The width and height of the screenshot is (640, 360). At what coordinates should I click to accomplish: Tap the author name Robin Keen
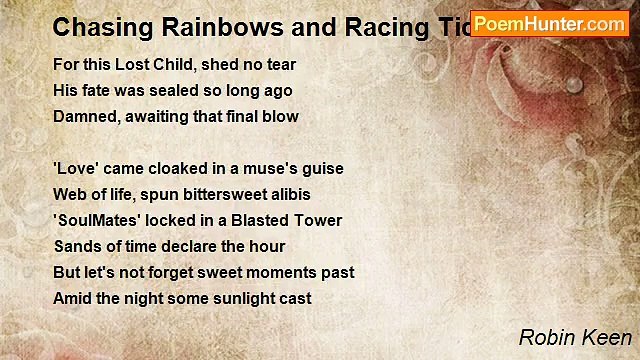point(574,338)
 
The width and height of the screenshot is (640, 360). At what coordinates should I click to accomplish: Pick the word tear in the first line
point(280,65)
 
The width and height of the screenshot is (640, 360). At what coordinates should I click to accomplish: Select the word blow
point(280,117)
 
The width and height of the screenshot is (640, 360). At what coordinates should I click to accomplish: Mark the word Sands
point(77,247)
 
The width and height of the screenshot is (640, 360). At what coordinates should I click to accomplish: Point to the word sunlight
point(237,299)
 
